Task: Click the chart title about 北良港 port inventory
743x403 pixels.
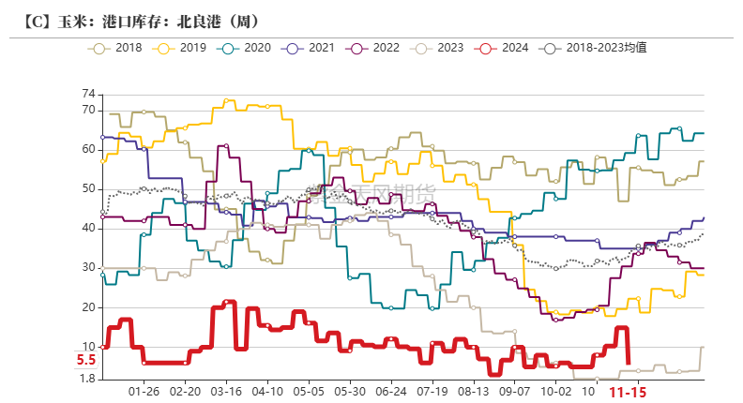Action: click(139, 21)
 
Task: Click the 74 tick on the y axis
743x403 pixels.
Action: click(89, 94)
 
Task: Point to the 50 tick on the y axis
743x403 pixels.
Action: click(89, 188)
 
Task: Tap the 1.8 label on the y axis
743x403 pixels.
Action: click(87, 379)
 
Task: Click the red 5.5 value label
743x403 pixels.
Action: click(86, 360)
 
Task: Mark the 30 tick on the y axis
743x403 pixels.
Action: click(89, 268)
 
